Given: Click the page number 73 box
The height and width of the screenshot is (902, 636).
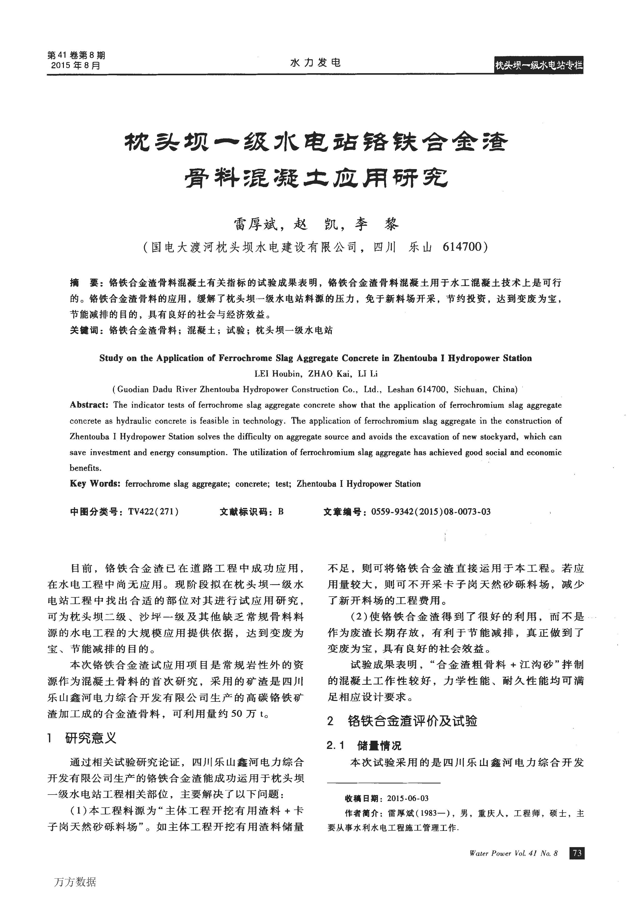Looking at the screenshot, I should pos(577,853).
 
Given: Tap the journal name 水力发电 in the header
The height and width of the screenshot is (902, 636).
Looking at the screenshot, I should pos(315,62).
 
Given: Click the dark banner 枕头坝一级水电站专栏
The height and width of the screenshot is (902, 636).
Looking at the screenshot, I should pos(538,66).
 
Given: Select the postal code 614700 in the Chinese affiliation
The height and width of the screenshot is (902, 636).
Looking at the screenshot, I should pos(461,247).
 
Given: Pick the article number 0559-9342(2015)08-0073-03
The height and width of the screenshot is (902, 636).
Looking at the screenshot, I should pos(431,512).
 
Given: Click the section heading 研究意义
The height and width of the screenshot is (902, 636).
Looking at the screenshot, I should pos(90,738).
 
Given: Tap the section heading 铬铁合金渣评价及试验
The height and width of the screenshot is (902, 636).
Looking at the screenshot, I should pos(412,721).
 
